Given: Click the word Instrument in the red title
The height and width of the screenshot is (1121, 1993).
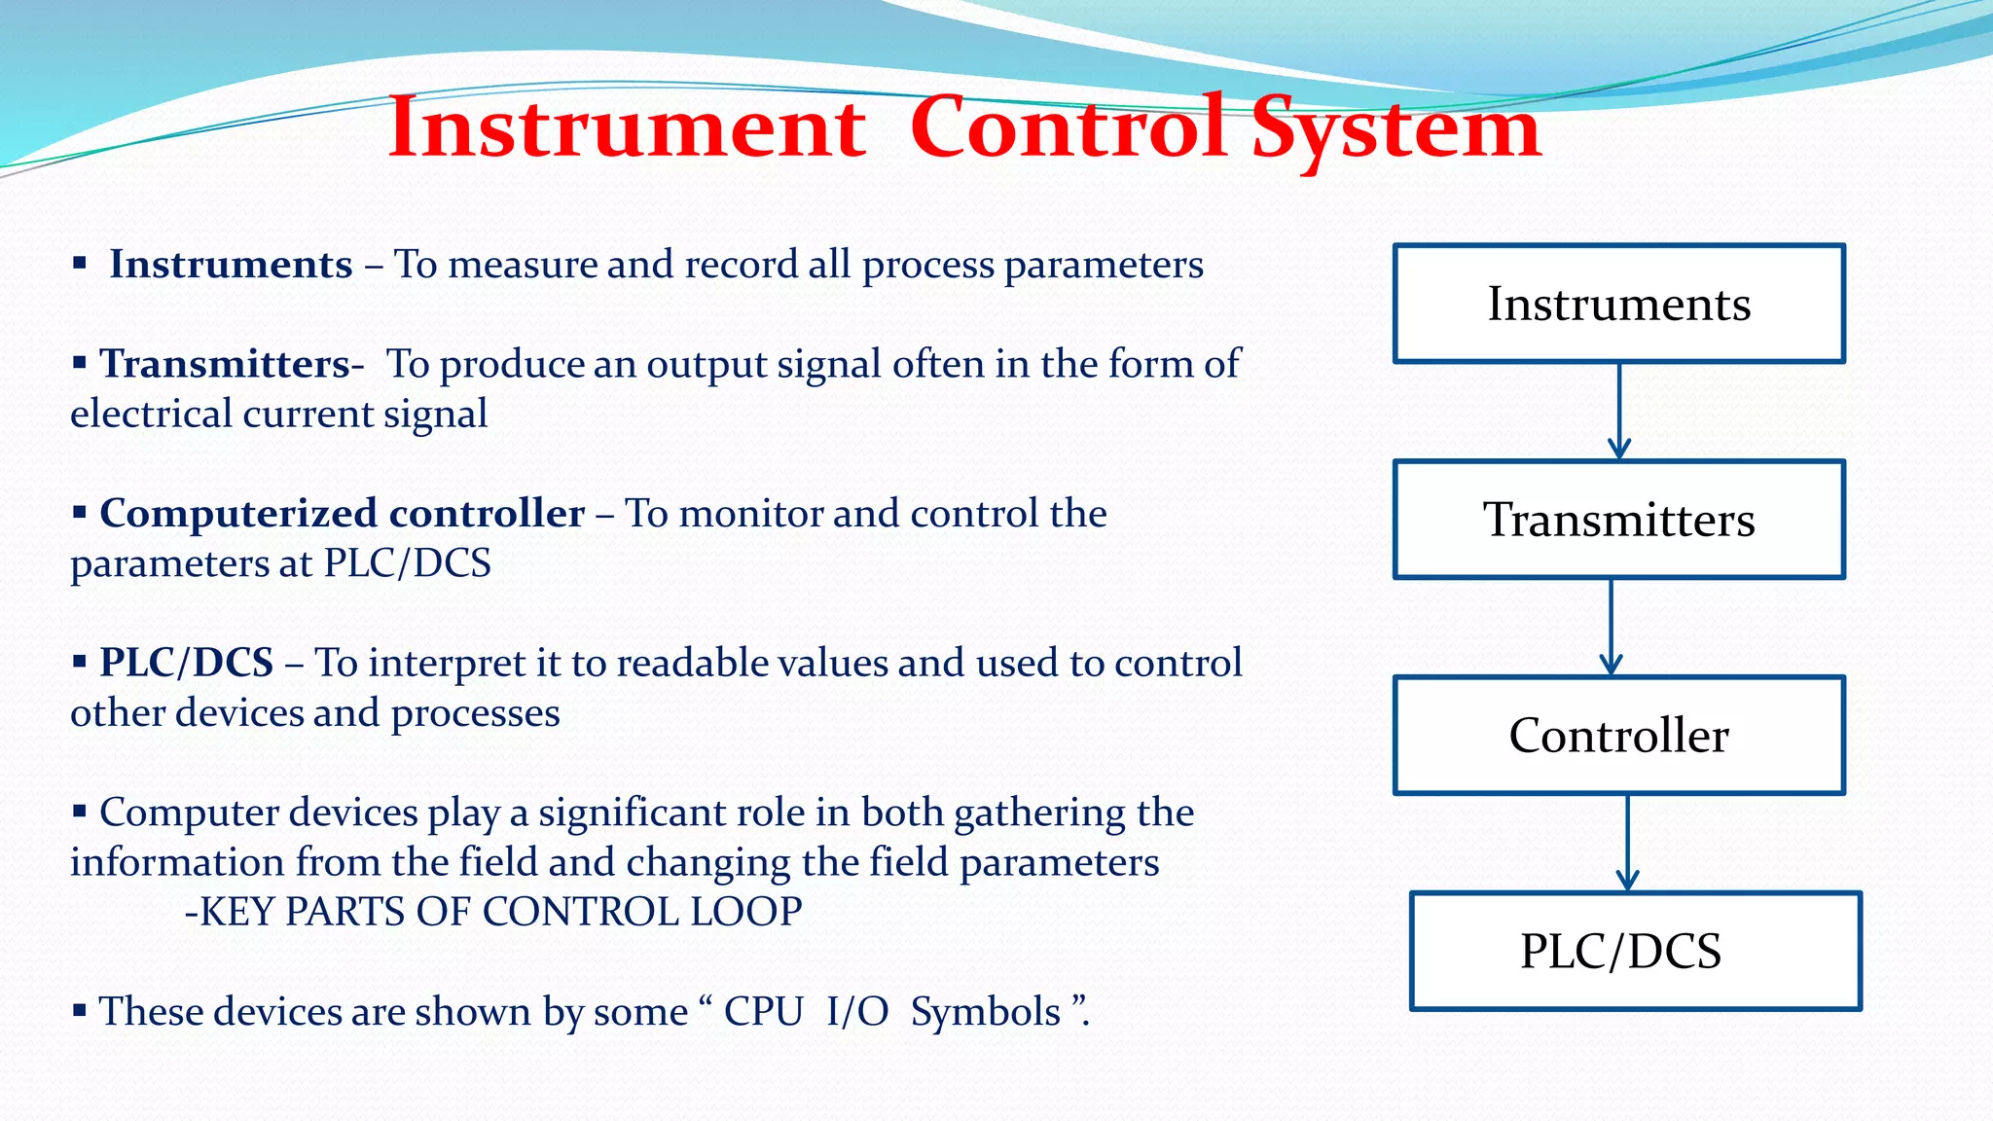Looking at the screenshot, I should (x=627, y=128).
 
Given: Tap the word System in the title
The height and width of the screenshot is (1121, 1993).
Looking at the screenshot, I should (x=1395, y=128).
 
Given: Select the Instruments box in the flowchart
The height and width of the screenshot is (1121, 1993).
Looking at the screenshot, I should (x=1618, y=304).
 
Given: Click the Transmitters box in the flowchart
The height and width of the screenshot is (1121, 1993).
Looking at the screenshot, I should (x=1618, y=520).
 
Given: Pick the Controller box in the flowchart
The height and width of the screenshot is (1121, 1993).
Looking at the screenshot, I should (x=1618, y=736).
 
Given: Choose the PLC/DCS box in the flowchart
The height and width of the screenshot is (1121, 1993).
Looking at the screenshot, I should (x=1635, y=952).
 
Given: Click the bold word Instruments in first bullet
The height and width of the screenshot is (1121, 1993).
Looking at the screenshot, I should (x=231, y=265).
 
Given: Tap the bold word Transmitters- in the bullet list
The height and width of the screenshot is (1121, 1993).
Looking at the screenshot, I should (x=232, y=364).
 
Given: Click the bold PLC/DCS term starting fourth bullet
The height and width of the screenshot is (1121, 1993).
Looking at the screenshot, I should (x=187, y=663).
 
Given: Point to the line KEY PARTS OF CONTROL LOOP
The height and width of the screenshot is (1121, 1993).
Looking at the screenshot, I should (x=494, y=912).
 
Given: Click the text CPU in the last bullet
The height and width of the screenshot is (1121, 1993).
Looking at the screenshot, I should (x=763, y=1012).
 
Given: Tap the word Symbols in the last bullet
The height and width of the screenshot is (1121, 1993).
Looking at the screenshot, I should (x=985, y=1012).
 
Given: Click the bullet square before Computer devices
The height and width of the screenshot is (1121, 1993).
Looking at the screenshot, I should (x=80, y=810).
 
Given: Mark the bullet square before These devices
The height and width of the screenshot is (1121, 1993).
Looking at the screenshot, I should (x=80, y=1009).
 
